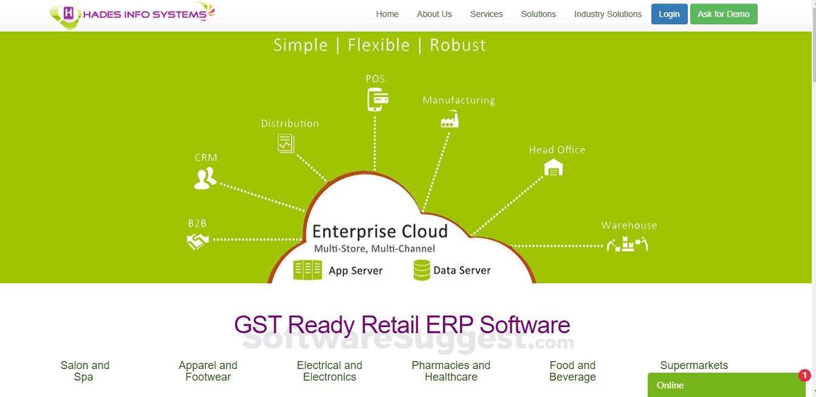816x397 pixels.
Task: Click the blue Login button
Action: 669,14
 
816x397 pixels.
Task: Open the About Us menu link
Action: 434,14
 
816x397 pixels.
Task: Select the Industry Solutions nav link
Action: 608,14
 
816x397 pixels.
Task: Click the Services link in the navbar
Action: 486,14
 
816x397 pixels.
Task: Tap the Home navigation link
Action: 387,14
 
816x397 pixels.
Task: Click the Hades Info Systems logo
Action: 132,15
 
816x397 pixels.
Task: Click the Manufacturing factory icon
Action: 450,119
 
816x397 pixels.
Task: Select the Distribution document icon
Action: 286,143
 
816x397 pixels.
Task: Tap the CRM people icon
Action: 205,178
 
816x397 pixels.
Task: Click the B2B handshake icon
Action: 197,241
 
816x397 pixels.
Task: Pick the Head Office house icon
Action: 554,167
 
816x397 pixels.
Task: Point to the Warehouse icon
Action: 627,244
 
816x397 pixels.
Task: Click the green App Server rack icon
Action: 307,270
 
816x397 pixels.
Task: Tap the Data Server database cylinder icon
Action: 422,270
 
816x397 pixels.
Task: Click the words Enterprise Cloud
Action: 380,232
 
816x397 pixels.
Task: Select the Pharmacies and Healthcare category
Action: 451,371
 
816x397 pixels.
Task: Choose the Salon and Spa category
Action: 84,371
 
